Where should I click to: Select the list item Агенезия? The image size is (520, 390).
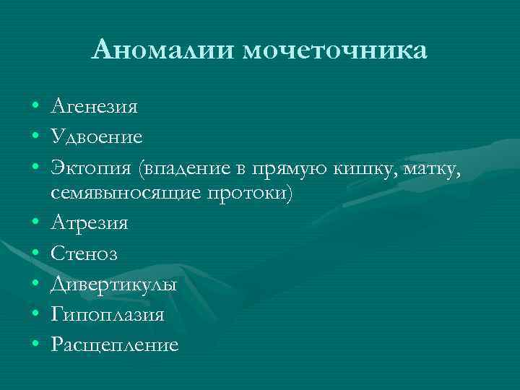point(95,108)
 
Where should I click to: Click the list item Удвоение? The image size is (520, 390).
point(97,137)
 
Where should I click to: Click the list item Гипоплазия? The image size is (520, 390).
point(108,315)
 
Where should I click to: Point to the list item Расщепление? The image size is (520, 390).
point(115,345)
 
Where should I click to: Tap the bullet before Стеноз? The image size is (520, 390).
point(35,255)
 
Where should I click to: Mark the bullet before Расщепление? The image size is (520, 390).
point(35,345)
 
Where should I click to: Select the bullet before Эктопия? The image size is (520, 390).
point(35,168)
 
